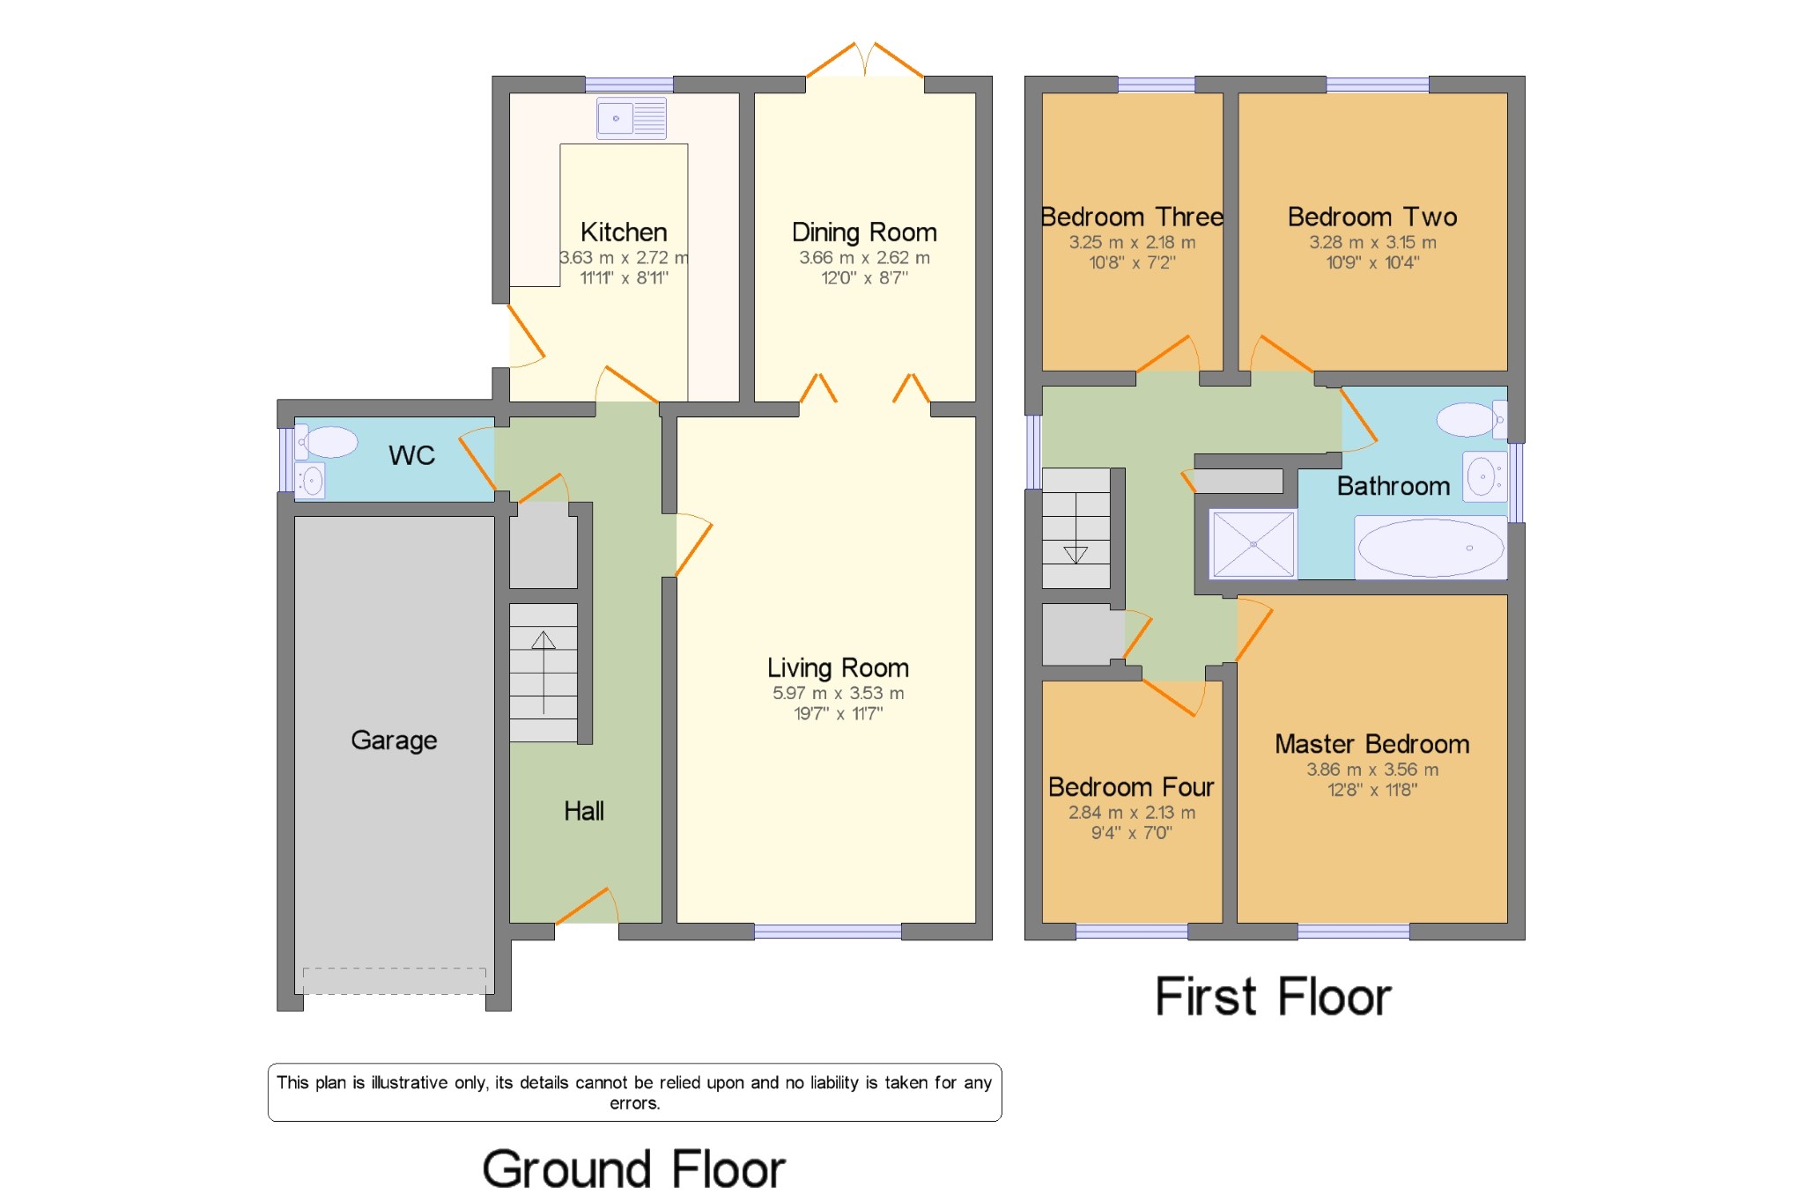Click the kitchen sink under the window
(x=631, y=118)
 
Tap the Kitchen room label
(x=624, y=232)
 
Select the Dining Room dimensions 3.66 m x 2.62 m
(x=864, y=258)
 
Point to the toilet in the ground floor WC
(x=328, y=442)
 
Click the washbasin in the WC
(x=310, y=481)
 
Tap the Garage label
(x=394, y=740)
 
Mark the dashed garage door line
(x=394, y=969)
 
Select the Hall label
(x=584, y=811)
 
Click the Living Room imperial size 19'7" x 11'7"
(x=838, y=714)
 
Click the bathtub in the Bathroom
(x=1431, y=548)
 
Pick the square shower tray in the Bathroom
(x=1253, y=544)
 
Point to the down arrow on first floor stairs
(x=1076, y=555)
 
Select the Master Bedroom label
(x=1371, y=744)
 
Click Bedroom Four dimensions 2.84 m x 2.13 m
(x=1132, y=813)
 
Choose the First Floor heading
(x=1273, y=998)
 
